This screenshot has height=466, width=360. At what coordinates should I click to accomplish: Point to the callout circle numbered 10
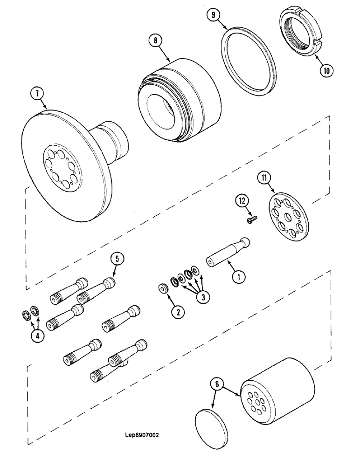(x=326, y=71)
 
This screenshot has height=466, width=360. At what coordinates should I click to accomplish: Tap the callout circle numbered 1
(x=239, y=278)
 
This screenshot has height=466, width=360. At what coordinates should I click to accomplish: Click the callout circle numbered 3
(x=201, y=298)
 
